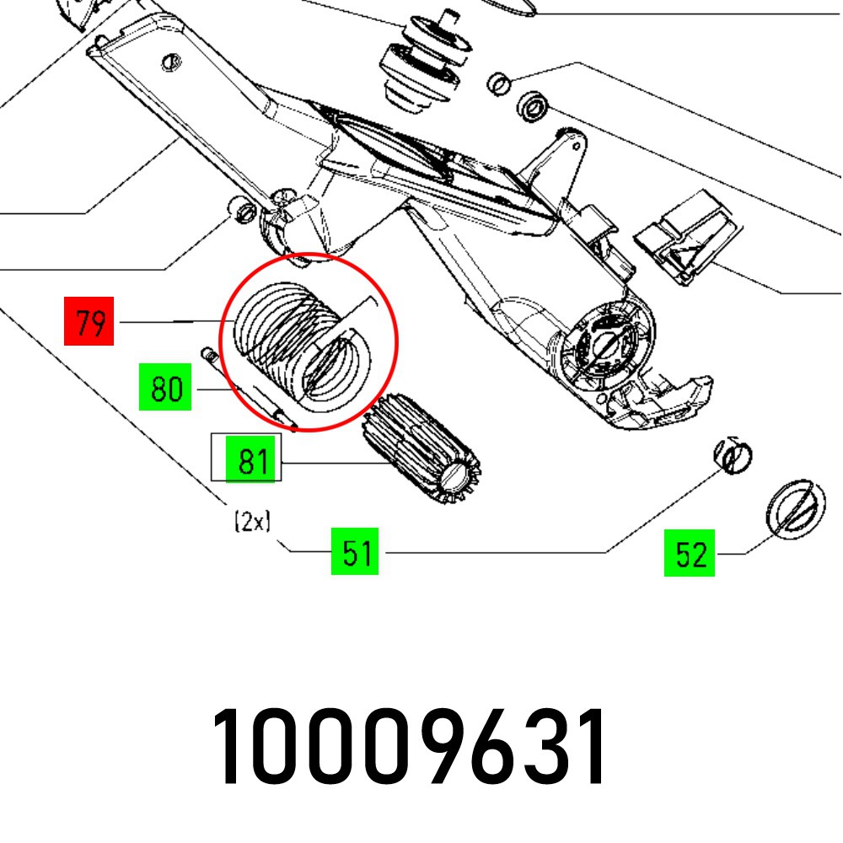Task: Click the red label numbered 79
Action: coord(89,323)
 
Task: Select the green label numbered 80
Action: coord(165,389)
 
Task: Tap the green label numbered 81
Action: coord(252,462)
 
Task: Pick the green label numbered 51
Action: coord(355,553)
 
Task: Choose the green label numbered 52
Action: coord(689,553)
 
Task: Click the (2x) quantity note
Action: coord(251,523)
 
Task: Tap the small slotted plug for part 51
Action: coord(733,455)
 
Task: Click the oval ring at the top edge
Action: coord(511,7)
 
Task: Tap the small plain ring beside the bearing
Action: coord(500,83)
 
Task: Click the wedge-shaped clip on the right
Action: coord(687,237)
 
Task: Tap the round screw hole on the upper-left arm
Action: coord(172,61)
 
